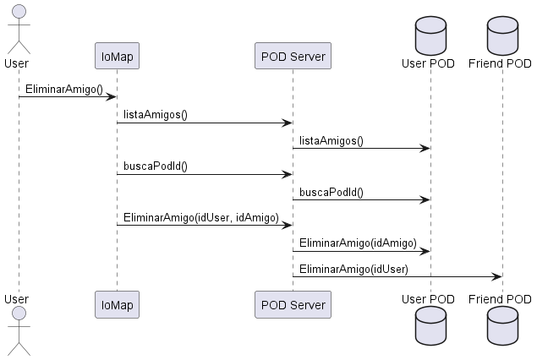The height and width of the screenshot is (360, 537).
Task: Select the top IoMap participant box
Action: [117, 57]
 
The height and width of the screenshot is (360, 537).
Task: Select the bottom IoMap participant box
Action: [117, 303]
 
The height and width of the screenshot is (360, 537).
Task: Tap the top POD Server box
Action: [293, 57]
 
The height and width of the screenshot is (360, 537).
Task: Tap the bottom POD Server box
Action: [293, 303]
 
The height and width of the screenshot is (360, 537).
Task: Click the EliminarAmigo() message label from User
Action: [63, 89]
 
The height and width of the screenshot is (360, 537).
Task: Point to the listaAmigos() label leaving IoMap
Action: [156, 114]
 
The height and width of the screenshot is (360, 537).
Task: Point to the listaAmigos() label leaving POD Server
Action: [332, 140]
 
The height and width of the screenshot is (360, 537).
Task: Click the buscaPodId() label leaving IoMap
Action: [156, 166]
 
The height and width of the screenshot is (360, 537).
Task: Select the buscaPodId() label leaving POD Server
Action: [332, 192]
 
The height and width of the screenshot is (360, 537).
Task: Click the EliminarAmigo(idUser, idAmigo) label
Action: [201, 217]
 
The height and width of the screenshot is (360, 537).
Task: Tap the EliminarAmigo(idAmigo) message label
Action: [358, 243]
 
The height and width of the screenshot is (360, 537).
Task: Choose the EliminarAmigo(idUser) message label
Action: [353, 269]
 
